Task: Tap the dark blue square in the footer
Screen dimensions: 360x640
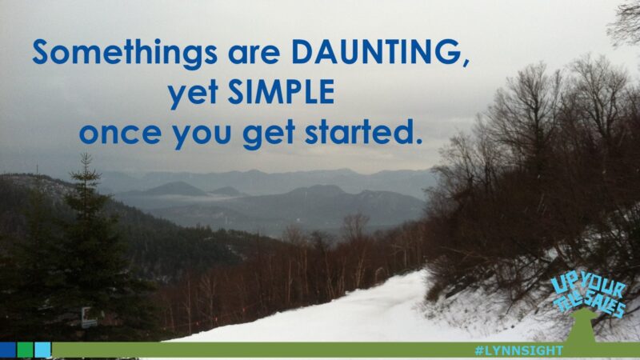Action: [8, 350]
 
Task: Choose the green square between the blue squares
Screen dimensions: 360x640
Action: [25, 350]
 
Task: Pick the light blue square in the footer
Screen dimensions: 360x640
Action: [42, 350]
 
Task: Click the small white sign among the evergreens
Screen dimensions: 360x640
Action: [89, 321]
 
